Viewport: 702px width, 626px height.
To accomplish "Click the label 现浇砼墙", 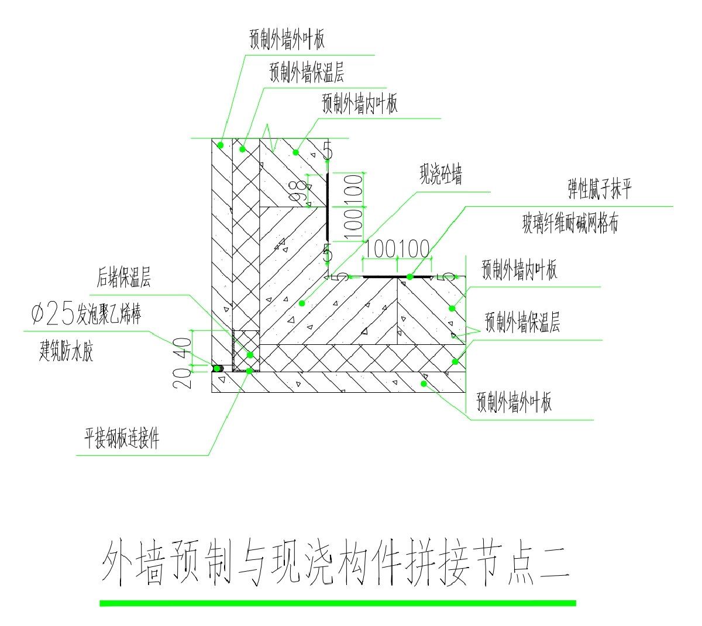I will coord(441,175).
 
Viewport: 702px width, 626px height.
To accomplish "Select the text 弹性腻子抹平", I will coord(600,189).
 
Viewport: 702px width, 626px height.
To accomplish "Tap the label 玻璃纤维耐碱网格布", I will coord(570,223).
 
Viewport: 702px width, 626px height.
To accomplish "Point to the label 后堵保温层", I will coord(123,278).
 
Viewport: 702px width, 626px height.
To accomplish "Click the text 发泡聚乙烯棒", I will coord(109,316).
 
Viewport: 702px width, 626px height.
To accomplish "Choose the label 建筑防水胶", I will coord(66,352).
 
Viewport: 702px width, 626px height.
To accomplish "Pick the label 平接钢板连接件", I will coord(122,438).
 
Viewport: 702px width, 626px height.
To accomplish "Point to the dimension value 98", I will coord(299,192).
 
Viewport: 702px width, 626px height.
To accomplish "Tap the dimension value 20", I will coord(182,379).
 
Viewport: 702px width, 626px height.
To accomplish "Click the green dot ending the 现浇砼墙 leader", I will coord(302,303).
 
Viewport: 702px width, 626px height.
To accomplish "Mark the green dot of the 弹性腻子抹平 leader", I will coord(410,276).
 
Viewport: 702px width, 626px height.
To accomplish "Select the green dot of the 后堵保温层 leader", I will coord(250,355).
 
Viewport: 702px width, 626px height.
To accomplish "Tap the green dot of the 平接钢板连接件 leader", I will coord(249,371).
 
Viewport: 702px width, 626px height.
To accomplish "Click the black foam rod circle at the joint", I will coord(217,368).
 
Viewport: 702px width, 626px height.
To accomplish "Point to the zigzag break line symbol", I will coord(269,138).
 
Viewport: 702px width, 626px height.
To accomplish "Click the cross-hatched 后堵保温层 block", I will coord(246,350).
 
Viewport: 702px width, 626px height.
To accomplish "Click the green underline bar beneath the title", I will coord(338,603).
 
